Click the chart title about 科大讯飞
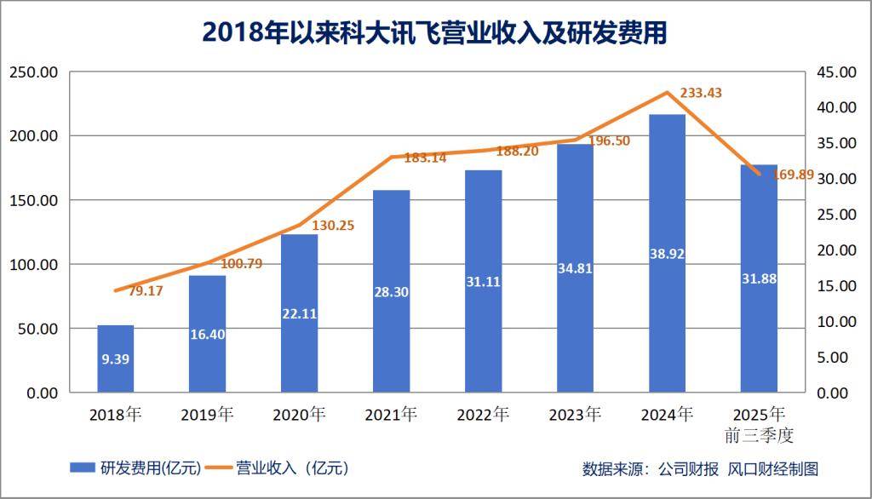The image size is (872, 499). coord(435,32)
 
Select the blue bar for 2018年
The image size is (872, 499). coord(115,358)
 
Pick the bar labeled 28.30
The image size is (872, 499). coord(391,291)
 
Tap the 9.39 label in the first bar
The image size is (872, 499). coord(115,358)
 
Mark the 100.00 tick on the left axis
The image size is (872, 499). coord(33,264)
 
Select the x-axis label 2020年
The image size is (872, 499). coord(299,415)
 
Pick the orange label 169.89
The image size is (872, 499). coord(793,175)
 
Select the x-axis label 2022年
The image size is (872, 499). coord(483,415)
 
